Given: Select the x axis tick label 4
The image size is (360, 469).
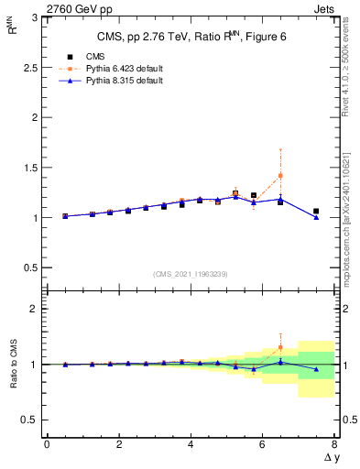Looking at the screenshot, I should click(x=191, y=444).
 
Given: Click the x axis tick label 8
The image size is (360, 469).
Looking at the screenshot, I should click(x=334, y=444).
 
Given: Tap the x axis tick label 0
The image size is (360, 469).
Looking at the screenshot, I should click(x=47, y=444).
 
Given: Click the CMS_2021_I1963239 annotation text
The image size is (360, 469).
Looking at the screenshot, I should click(x=190, y=273).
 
